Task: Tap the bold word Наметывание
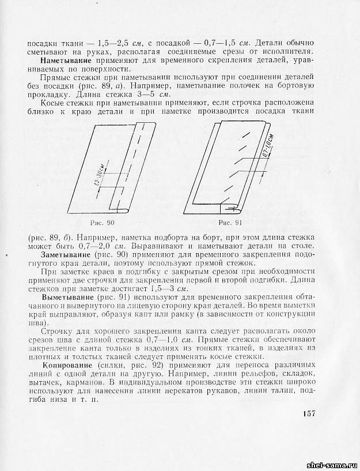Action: coord(68,60)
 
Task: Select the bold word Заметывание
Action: coord(68,254)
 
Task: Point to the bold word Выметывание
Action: coord(68,296)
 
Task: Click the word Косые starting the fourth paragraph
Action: coord(53,101)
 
